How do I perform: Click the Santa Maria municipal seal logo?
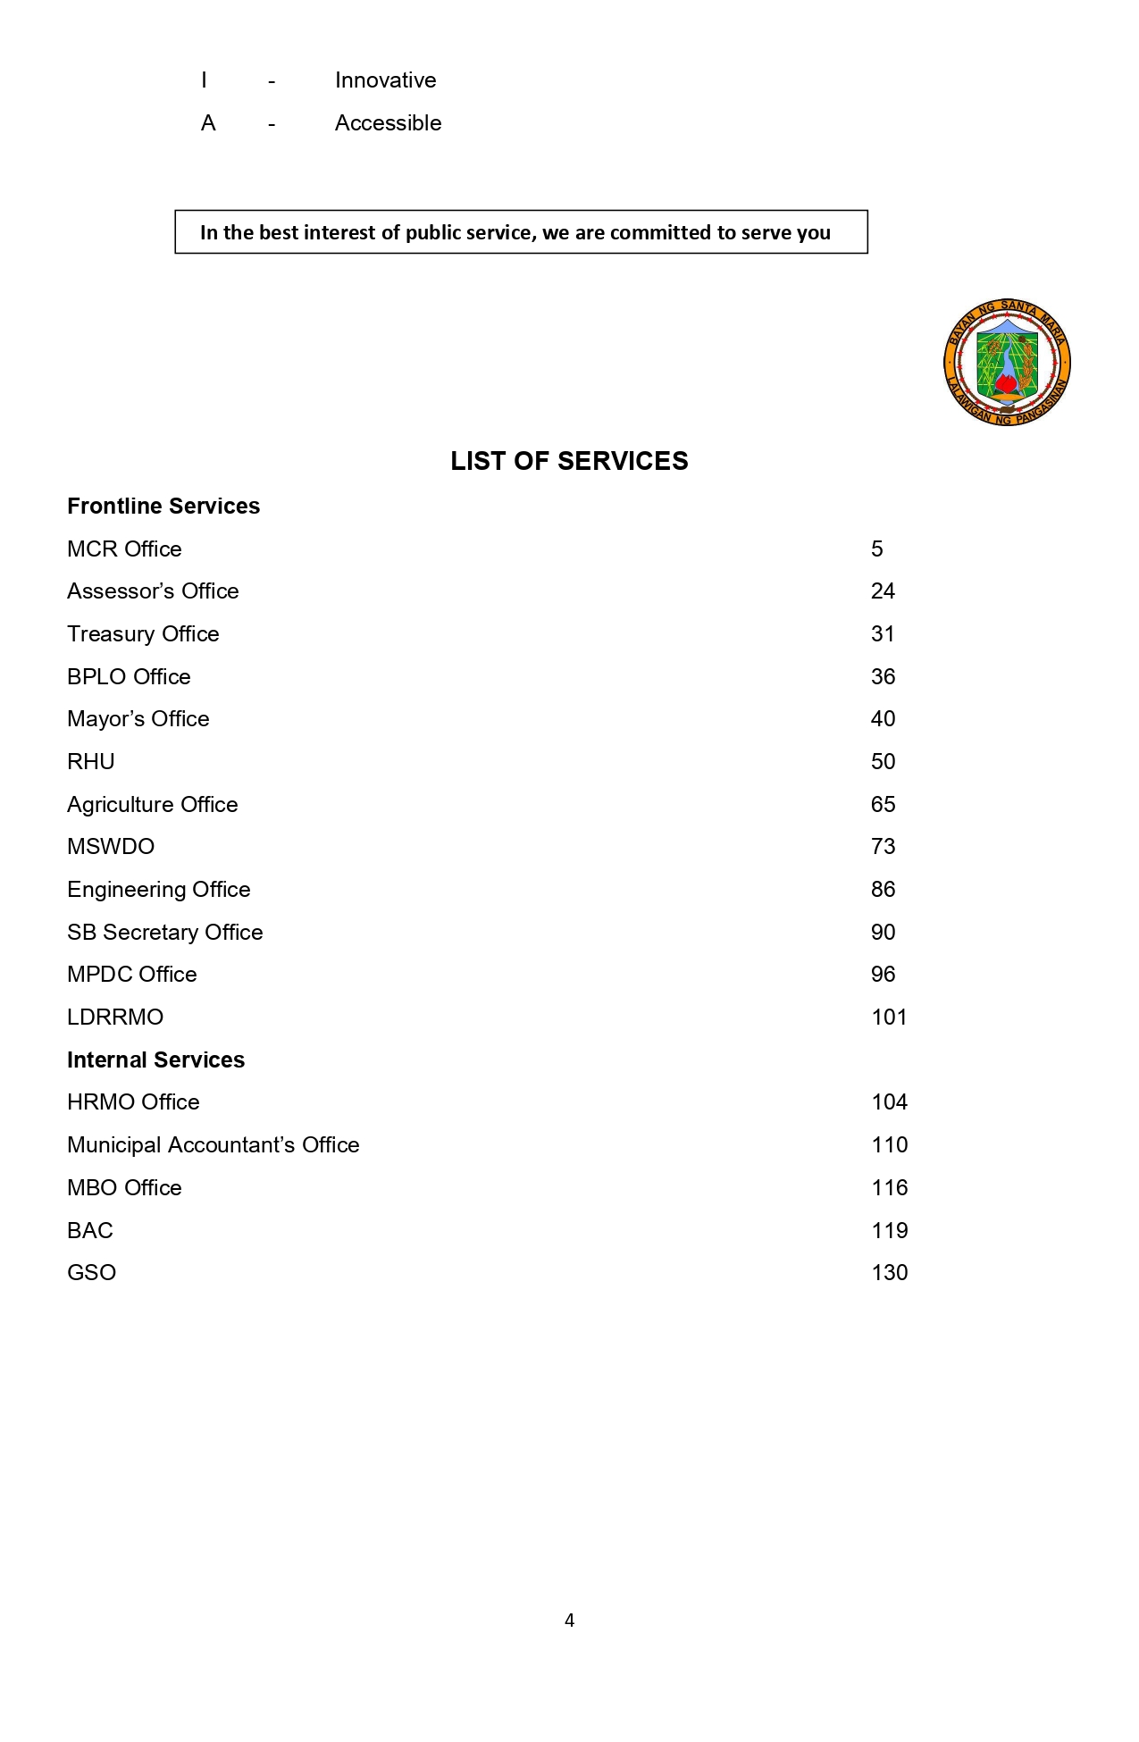coord(1007,362)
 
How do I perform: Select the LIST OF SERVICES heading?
coord(569,461)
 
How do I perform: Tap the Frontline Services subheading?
coord(163,507)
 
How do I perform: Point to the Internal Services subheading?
coord(155,1059)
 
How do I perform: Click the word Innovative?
coord(385,80)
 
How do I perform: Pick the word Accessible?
coord(388,123)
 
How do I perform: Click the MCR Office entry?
coord(124,549)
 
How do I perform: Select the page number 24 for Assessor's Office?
coord(883,591)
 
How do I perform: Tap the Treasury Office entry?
coord(143,634)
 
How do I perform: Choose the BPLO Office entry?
coord(129,677)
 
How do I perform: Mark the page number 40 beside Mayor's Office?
coord(883,719)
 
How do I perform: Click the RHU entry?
coord(91,762)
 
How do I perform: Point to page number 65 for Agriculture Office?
coord(883,805)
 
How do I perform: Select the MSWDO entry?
coord(111,847)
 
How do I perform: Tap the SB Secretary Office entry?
coord(165,933)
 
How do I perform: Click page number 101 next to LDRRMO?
coord(889,1018)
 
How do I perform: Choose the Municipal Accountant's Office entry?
coord(214,1145)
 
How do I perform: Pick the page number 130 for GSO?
coord(889,1273)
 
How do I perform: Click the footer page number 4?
coord(569,1621)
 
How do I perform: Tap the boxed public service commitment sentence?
coord(515,232)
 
